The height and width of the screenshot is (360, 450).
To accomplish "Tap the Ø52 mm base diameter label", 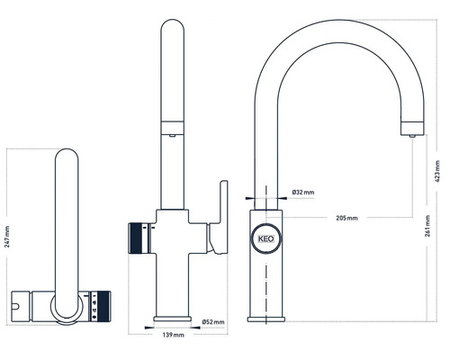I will pos(213,321).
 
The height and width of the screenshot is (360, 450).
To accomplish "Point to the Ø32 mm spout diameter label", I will pos(302,193).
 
